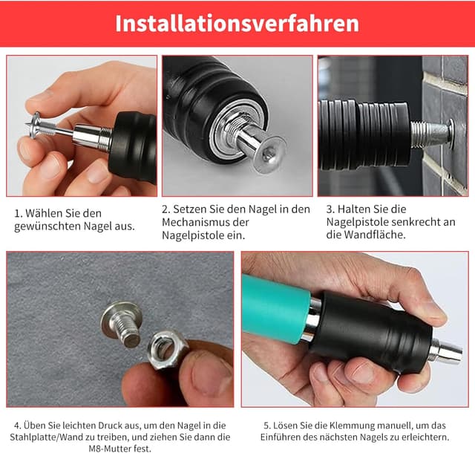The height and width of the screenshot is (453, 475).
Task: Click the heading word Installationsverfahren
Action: point(237,24)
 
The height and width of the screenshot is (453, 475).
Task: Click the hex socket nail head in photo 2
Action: point(269,154)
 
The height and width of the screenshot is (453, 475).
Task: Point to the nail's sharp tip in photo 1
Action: point(26,124)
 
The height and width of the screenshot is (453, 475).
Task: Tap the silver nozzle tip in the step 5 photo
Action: point(448,351)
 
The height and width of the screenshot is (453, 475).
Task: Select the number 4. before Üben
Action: point(17,426)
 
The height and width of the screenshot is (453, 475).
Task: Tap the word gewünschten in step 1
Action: point(47,226)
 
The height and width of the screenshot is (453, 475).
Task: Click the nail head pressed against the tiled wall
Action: point(451,134)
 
